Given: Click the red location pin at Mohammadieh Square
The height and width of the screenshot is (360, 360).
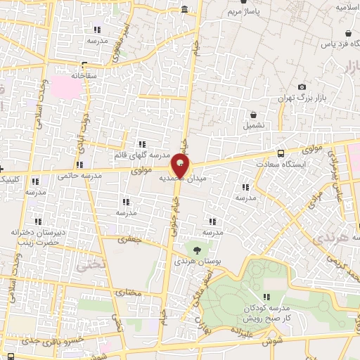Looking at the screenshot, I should click(180, 167).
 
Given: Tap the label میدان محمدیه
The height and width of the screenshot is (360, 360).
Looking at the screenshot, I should click(205, 179).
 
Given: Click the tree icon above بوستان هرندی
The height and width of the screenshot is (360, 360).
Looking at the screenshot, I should click(196, 249).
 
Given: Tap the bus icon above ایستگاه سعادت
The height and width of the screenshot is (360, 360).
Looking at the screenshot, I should click(281, 153).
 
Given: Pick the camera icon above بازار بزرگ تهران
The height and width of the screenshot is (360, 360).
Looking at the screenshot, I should click(302, 86).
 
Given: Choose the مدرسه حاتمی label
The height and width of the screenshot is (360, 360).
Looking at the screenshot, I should click(77, 175).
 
